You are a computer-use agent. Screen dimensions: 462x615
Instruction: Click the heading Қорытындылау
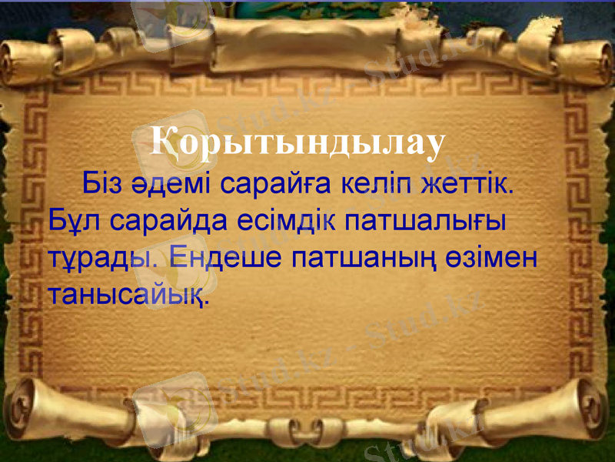click(298, 142)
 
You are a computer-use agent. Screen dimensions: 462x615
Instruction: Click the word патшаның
click(366, 258)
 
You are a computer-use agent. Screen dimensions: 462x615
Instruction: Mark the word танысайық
click(128, 293)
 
